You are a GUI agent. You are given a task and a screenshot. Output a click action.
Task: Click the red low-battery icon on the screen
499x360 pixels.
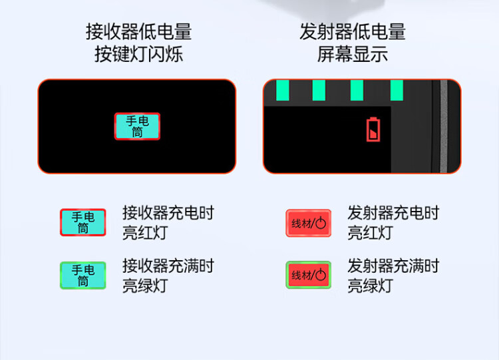(x=373, y=130)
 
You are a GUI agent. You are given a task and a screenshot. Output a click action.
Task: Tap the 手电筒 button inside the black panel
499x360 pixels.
(x=137, y=126)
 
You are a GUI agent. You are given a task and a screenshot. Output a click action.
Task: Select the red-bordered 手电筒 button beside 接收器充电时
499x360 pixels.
(x=83, y=222)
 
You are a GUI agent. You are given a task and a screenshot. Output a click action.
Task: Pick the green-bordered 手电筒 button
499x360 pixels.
(x=83, y=275)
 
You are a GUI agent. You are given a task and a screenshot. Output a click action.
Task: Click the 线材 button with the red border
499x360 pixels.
(x=308, y=223)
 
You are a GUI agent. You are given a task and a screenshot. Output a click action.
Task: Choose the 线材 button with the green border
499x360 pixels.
(x=308, y=275)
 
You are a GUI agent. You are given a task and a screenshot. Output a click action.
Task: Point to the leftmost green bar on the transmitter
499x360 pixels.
(x=283, y=90)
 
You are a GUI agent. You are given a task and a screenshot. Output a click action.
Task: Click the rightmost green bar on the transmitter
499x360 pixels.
(x=397, y=90)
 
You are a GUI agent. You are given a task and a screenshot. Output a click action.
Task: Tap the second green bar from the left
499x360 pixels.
(x=319, y=90)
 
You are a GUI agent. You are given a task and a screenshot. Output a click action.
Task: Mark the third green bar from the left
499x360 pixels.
(x=357, y=90)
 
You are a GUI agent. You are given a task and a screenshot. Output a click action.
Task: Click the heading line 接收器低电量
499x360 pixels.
(x=139, y=31)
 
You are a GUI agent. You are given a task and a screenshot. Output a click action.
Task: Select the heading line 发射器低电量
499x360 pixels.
(x=353, y=31)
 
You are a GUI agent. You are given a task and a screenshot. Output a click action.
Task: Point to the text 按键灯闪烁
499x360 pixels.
(x=139, y=54)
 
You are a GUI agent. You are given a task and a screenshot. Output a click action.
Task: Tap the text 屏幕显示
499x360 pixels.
(x=353, y=54)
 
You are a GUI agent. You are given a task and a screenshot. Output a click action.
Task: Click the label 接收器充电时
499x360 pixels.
(x=168, y=213)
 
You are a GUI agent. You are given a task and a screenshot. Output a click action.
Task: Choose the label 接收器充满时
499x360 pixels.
(x=168, y=266)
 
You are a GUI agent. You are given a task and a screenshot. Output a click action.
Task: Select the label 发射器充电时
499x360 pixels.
(x=393, y=213)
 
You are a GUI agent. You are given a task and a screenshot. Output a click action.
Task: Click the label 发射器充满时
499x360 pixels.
(x=393, y=266)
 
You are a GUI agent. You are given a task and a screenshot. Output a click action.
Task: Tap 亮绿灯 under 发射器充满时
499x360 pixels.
(x=370, y=285)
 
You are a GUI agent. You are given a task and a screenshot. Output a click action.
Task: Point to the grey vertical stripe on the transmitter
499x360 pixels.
(x=444, y=126)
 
